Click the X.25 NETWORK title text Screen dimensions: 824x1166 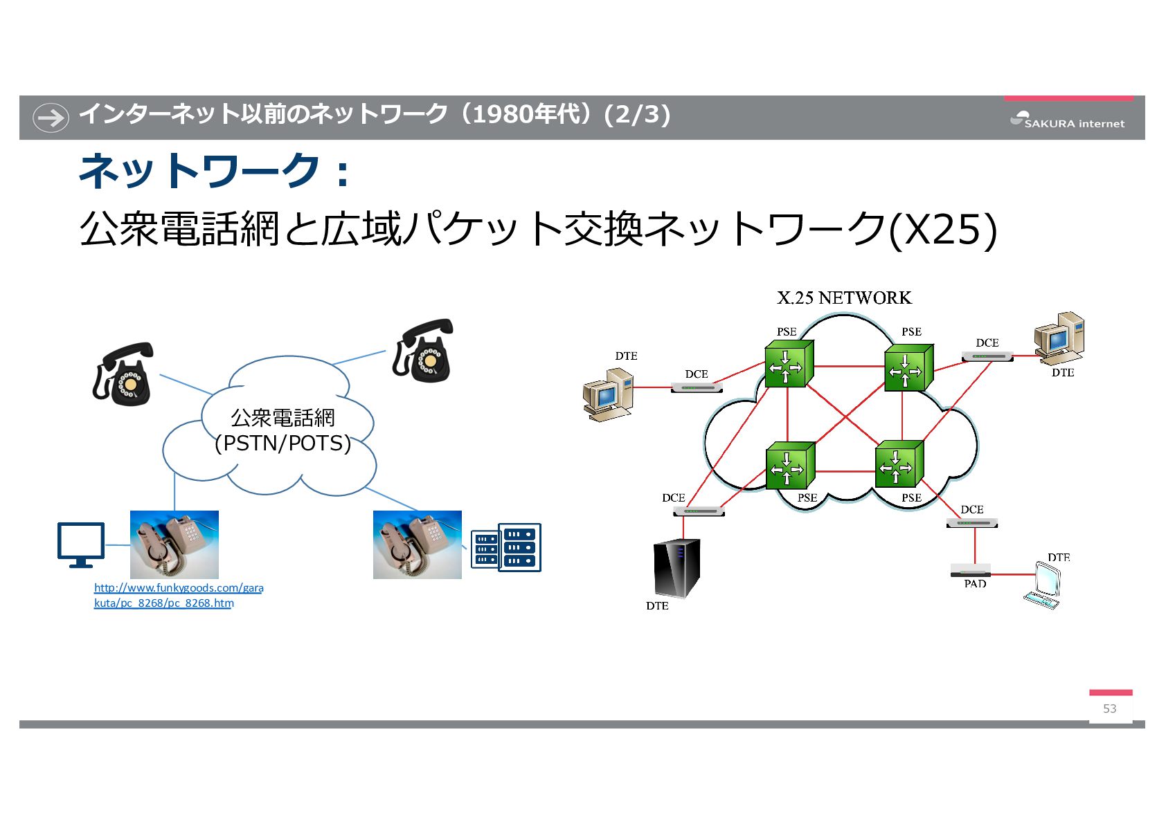click(x=844, y=298)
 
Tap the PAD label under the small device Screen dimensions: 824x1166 click(x=975, y=584)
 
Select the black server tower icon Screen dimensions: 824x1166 click(x=676, y=568)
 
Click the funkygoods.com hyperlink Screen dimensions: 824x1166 click(x=178, y=595)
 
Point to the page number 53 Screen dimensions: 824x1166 click(x=1109, y=708)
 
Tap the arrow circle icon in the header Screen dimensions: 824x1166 click(x=51, y=117)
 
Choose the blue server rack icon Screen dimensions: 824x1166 click(x=505, y=547)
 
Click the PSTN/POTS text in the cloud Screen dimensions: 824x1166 click(x=282, y=443)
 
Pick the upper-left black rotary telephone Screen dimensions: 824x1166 click(x=123, y=374)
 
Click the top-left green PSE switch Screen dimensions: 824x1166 click(x=788, y=365)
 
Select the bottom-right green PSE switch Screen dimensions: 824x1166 click(x=898, y=464)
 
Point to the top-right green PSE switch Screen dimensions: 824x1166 click(x=908, y=368)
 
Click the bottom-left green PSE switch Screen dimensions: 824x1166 click(x=789, y=466)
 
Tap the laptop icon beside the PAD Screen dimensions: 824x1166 click(x=1043, y=586)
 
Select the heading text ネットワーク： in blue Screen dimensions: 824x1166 click(x=215, y=171)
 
